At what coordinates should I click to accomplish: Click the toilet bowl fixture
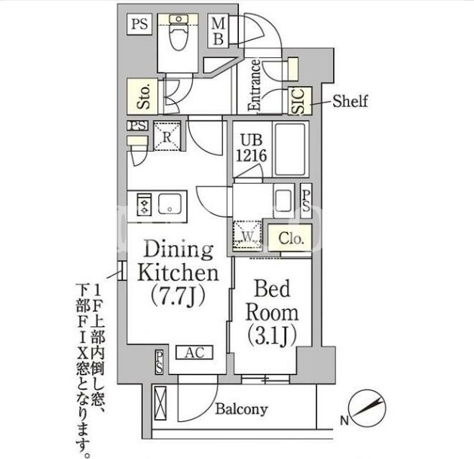click(x=179, y=33)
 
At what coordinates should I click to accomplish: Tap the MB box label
click(x=219, y=32)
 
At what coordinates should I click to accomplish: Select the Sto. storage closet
click(x=142, y=96)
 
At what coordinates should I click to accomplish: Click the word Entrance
click(x=254, y=85)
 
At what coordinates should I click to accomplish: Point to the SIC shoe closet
click(x=300, y=101)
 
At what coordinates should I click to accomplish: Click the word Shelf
click(x=350, y=101)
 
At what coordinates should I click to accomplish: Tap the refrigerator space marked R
click(x=167, y=136)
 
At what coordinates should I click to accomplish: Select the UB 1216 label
click(x=252, y=148)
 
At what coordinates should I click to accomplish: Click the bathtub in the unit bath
click(x=290, y=149)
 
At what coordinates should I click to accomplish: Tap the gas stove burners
click(x=144, y=204)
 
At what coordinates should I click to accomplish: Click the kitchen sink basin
click(x=170, y=204)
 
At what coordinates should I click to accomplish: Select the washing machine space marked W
click(x=248, y=235)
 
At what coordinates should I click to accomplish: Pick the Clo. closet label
click(x=291, y=238)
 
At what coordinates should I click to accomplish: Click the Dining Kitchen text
click(x=178, y=262)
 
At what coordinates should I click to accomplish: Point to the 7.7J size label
click(x=178, y=295)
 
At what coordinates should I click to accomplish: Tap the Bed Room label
click(x=271, y=301)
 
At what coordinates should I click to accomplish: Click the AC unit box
click(x=194, y=353)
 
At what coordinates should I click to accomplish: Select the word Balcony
click(x=242, y=409)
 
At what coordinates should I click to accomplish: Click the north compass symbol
click(x=367, y=409)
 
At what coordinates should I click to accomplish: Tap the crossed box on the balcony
click(x=161, y=403)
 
